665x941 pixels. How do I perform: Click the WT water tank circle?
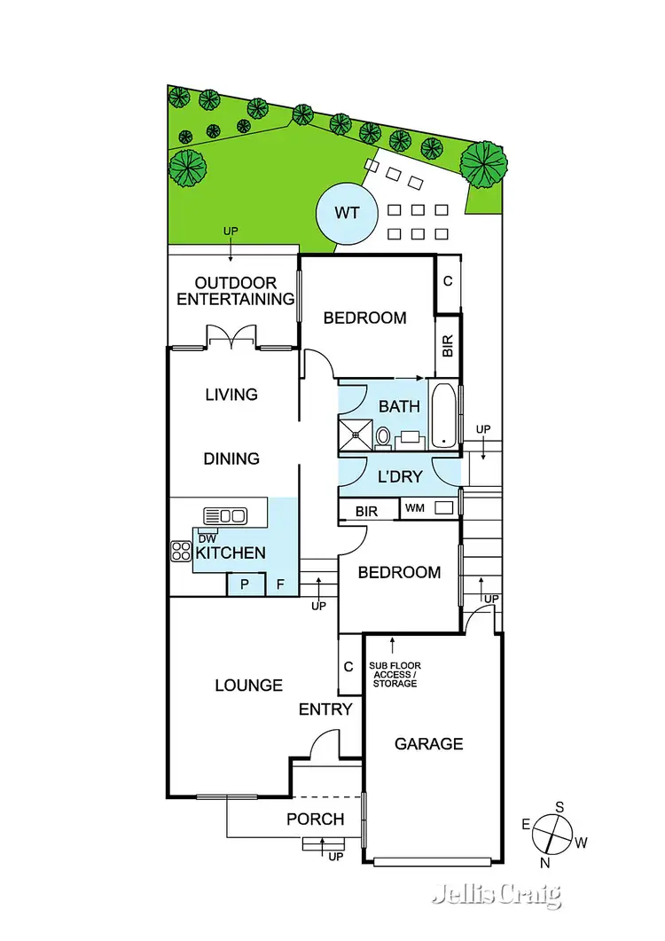pyautogui.click(x=346, y=213)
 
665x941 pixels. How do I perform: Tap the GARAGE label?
pyautogui.click(x=429, y=744)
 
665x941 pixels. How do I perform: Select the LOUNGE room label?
pyautogui.click(x=249, y=686)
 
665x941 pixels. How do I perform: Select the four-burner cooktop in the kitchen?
pyautogui.click(x=181, y=551)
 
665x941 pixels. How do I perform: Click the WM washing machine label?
pyautogui.click(x=414, y=509)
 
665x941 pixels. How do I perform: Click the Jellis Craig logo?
pyautogui.click(x=497, y=895)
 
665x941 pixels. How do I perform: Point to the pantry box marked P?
pyautogui.click(x=246, y=584)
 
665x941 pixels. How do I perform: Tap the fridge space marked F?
pyautogui.click(x=281, y=584)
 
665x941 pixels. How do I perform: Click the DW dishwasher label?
pyautogui.click(x=207, y=538)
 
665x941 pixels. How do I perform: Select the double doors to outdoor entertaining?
pyautogui.click(x=231, y=338)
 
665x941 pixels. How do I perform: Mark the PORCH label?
pyautogui.click(x=316, y=819)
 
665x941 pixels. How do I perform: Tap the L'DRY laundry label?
pyautogui.click(x=400, y=476)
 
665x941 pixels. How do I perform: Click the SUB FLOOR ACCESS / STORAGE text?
pyautogui.click(x=395, y=674)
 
